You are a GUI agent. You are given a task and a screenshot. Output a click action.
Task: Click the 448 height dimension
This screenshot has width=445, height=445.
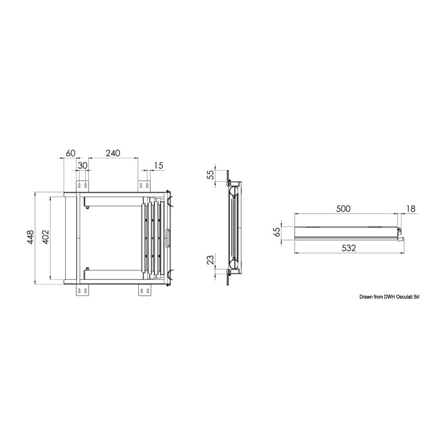click(x=31, y=237)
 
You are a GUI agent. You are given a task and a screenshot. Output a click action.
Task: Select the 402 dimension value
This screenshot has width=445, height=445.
click(x=45, y=237)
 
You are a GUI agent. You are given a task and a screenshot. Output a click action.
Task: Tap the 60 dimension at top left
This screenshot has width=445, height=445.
click(x=70, y=153)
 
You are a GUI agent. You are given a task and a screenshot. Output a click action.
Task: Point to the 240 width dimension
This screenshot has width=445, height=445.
click(x=113, y=153)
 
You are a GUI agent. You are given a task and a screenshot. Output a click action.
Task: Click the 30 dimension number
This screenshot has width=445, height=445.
click(x=82, y=166)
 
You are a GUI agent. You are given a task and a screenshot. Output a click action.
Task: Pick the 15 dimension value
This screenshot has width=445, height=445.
click(x=159, y=166)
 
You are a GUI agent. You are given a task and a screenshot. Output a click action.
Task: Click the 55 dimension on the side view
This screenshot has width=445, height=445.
click(x=211, y=175)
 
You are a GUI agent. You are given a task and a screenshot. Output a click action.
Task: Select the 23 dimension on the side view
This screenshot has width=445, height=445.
click(x=211, y=260)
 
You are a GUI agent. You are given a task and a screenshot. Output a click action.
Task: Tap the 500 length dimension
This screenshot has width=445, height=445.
click(x=343, y=209)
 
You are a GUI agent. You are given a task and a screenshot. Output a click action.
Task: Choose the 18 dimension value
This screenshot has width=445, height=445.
click(x=411, y=209)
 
